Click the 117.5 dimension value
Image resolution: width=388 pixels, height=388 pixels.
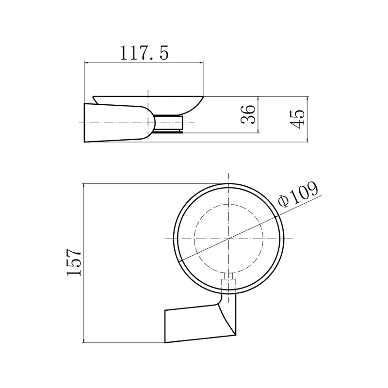[144, 52]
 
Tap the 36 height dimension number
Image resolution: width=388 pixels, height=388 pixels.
[248, 114]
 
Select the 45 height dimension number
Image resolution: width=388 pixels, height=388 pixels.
[297, 119]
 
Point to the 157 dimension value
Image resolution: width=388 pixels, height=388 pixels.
[74, 262]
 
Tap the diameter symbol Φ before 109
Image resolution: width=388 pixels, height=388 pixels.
[283, 201]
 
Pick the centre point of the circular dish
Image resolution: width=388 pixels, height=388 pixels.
[229, 239]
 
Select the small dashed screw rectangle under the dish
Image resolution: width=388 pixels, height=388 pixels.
[229, 282]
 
